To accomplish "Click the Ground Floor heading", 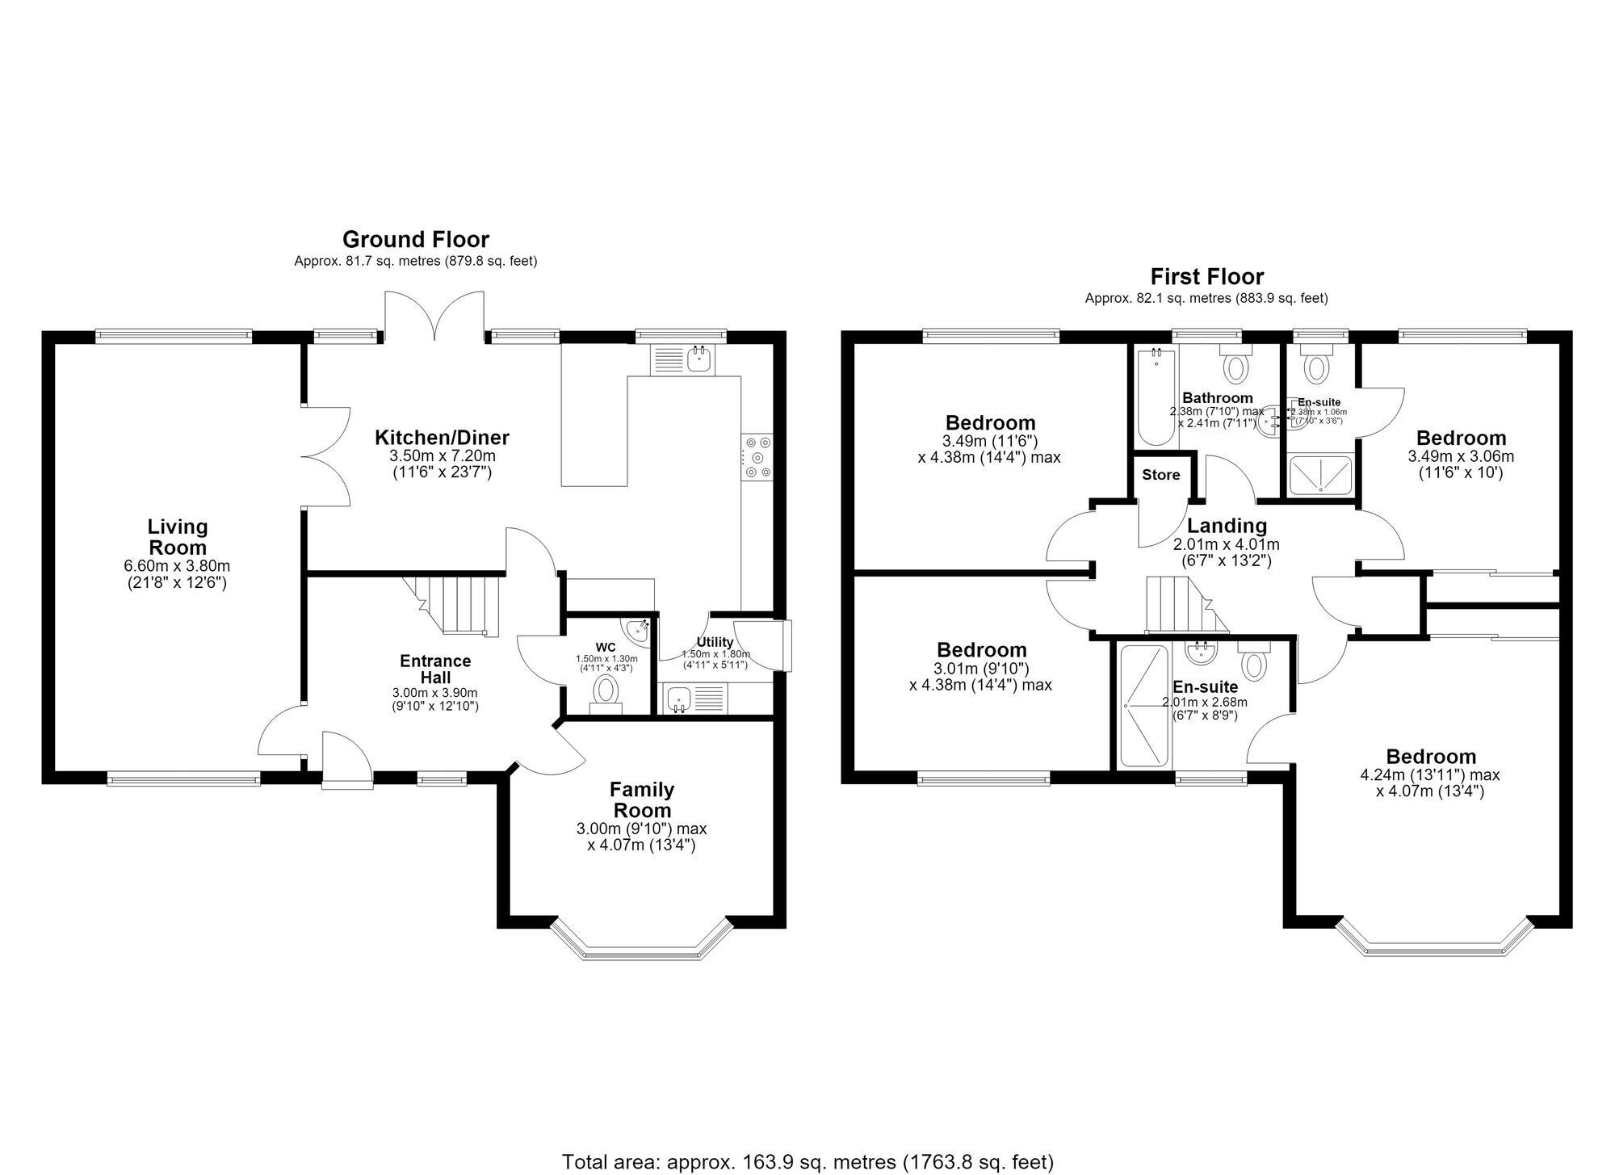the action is [x=416, y=240].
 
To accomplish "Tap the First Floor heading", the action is [x=1206, y=277].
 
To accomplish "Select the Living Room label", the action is [x=178, y=537].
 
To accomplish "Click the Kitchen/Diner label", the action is [x=442, y=438].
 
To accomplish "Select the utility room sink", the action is [x=695, y=699].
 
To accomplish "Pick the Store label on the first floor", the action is [x=1160, y=475].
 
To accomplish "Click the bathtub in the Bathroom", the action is [x=1156, y=396].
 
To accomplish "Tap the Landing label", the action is [x=1227, y=527].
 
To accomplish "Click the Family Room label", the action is [x=641, y=799].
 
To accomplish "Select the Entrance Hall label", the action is [x=435, y=669].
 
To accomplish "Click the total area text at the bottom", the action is [x=807, y=1161].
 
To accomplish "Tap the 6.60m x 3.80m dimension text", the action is [x=178, y=566].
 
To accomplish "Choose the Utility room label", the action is [x=715, y=643].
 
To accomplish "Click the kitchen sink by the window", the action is [x=682, y=360].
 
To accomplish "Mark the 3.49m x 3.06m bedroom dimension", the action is [x=1461, y=456].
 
